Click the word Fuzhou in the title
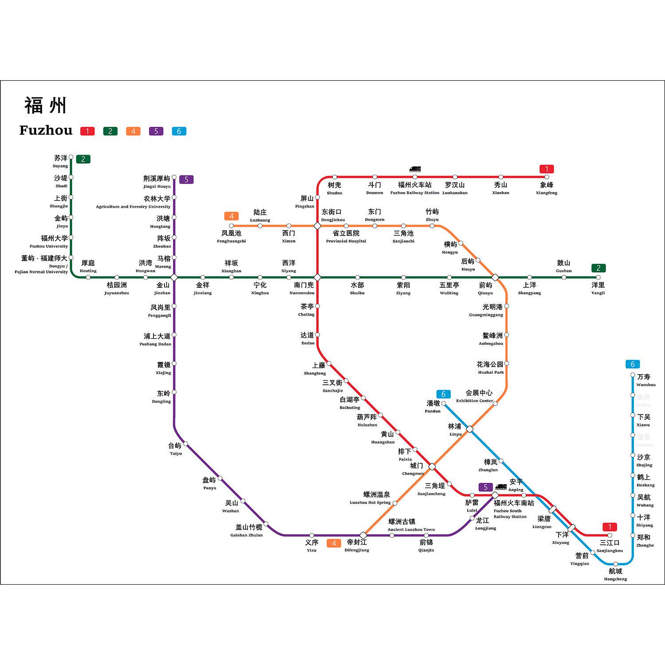tap(46, 130)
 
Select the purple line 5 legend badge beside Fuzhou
tap(156, 131)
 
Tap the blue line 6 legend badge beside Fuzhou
tap(179, 131)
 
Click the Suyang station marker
tap(71, 157)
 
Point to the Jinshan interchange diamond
tap(174, 278)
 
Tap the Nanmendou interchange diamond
tap(317, 278)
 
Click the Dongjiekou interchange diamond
tap(317, 226)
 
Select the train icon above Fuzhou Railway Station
tap(415, 169)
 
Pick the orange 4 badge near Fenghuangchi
tap(231, 216)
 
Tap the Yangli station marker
tap(598, 278)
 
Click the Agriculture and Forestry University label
tap(133, 207)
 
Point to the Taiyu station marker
tap(186, 444)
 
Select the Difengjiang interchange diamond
tap(363, 535)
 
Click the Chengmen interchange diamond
tap(432, 466)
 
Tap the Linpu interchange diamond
tap(470, 429)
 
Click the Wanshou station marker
tap(633, 375)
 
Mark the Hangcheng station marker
tap(615, 564)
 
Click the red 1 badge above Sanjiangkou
tap(610, 527)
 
